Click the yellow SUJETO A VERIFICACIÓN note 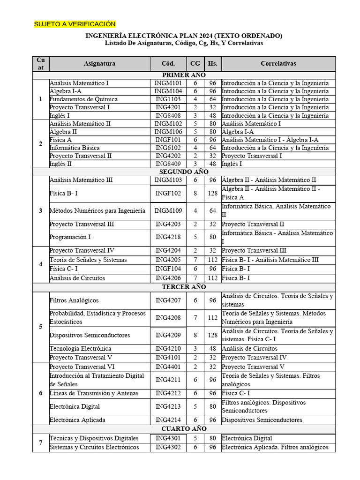(x=75, y=24)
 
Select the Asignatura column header (x=99, y=63)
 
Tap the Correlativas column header (x=278, y=63)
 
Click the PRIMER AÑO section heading (x=184, y=75)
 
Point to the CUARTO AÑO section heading (x=184, y=429)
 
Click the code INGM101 (x=168, y=83)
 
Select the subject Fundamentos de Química (x=83, y=99)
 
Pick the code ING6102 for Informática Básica (x=168, y=148)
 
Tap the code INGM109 (x=168, y=210)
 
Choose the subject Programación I (x=70, y=237)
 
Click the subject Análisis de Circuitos (x=77, y=277)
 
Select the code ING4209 (x=168, y=335)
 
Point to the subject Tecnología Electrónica (x=80, y=348)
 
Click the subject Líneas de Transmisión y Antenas (x=94, y=393)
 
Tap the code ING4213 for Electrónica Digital (x=168, y=406)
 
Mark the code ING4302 (x=168, y=447)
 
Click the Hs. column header (x=212, y=63)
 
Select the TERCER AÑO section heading (x=184, y=287)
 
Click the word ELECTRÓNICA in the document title (x=150, y=36)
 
